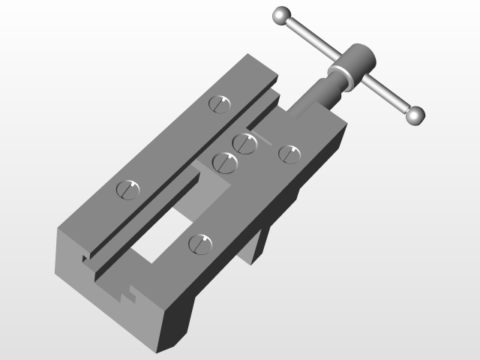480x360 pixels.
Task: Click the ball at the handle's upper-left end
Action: tap(282, 15)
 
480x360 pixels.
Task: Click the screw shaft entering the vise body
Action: tap(315, 97)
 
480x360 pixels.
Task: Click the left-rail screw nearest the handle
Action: tap(220, 103)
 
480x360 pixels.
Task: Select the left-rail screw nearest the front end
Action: tap(128, 188)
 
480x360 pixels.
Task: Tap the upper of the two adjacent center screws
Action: tap(245, 142)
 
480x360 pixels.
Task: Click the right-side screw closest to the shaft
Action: tap(289, 153)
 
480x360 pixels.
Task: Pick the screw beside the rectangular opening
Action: tap(199, 243)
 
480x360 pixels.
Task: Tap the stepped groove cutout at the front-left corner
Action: tap(86, 259)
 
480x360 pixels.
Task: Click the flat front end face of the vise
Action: tap(112, 300)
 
